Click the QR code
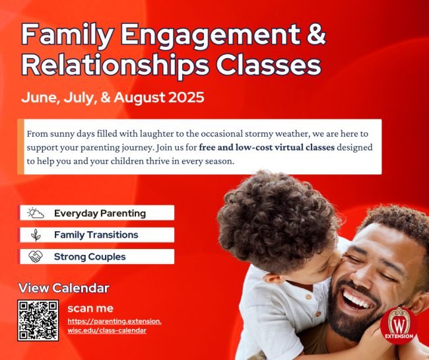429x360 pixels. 38,320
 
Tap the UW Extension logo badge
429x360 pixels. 399,325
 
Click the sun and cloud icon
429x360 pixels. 36,213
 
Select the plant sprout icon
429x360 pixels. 36,235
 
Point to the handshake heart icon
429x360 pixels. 36,257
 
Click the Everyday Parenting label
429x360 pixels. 100,213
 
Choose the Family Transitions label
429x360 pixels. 96,235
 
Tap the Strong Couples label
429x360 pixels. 90,257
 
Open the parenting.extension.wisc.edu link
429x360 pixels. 114,326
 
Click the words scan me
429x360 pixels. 90,308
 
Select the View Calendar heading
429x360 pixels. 64,288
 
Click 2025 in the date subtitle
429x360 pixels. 186,98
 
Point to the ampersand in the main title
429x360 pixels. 317,34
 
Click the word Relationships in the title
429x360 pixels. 115,65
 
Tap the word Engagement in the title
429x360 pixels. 211,35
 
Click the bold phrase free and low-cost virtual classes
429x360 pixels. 267,147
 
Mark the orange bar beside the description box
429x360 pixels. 20,147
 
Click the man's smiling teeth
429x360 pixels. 357,299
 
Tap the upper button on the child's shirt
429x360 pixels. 309,297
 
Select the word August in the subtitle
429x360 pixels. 139,98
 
